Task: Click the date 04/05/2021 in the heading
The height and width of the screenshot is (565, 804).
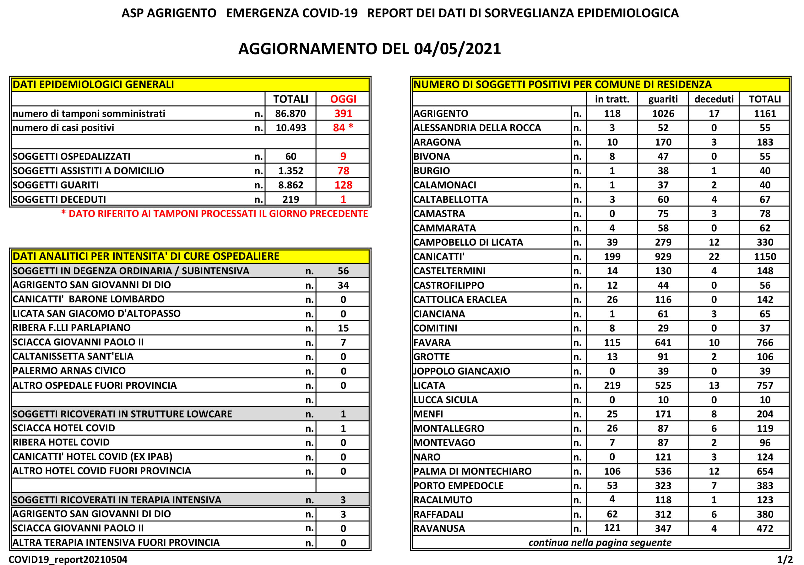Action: coord(457,49)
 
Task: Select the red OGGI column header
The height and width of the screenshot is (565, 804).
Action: coord(343,99)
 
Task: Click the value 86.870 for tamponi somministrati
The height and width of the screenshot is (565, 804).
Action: coord(290,114)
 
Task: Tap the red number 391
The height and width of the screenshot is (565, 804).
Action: coord(343,114)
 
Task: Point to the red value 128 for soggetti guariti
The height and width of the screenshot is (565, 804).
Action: coord(343,185)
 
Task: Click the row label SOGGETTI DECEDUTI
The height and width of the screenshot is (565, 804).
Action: coord(59,200)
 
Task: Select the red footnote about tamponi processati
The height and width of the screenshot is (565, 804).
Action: coord(214,214)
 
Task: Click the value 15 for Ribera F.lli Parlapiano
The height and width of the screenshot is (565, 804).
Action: coord(343,328)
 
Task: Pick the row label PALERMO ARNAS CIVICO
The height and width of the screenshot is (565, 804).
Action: coord(69,371)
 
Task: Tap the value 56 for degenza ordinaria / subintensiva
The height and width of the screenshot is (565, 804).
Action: coord(343,271)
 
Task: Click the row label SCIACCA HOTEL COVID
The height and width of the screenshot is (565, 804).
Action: coord(64,428)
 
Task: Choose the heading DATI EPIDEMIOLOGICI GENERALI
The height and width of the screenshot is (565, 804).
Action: coord(93,85)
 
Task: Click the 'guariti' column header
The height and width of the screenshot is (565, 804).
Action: coord(663,99)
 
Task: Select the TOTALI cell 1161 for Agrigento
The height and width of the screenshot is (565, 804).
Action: coord(764,114)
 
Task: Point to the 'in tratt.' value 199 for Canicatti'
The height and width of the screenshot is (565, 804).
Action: coord(612,257)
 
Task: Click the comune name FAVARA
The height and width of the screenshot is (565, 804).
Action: coord(432,343)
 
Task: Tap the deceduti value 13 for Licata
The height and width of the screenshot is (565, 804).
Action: coord(714,386)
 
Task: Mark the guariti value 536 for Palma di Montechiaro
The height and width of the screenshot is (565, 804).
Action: coord(663,471)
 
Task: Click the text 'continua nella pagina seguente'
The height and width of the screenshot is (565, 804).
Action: coord(600,543)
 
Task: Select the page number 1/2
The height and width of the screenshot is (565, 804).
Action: coord(785,559)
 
